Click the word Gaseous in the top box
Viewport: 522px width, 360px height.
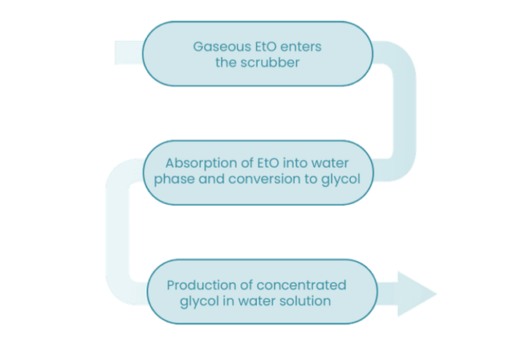223,47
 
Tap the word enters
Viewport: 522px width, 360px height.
301,47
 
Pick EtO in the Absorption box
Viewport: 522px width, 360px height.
268,163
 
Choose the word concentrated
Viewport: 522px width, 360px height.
301,286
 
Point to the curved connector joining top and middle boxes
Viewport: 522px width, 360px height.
405,111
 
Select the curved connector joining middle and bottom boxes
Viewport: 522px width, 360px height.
117,232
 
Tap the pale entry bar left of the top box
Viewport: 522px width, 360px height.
129,53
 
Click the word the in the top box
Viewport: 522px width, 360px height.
226,62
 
